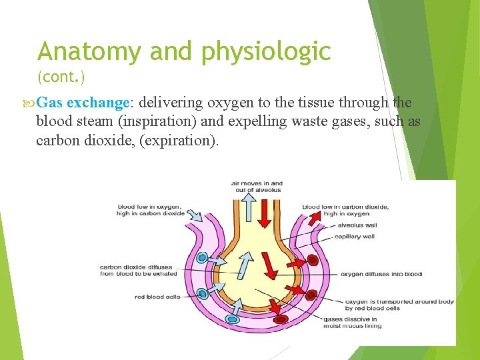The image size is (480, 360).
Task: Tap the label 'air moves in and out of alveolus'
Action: point(257,187)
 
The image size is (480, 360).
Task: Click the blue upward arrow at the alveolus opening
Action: point(248,207)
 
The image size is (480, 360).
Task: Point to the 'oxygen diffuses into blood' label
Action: point(381,274)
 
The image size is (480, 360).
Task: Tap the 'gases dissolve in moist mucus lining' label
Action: point(353,323)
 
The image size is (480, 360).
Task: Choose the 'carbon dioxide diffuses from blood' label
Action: point(139,270)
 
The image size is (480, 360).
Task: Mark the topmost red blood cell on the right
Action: point(312,260)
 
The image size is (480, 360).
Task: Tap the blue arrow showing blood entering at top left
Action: point(193,215)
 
